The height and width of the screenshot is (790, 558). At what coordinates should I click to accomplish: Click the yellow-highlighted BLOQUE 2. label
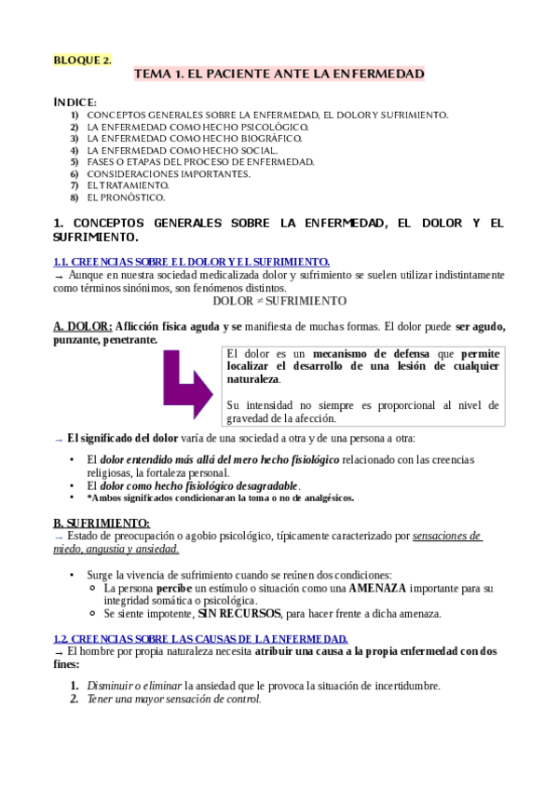coord(82,60)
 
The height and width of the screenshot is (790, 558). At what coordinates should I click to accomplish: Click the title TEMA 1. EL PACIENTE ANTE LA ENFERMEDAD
coord(279,73)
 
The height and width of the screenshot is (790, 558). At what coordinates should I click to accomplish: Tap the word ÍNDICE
coord(75,102)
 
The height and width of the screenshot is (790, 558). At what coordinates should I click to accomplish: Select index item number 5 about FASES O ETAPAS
coord(200,161)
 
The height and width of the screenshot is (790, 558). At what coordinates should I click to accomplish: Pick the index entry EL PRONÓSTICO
coord(126,197)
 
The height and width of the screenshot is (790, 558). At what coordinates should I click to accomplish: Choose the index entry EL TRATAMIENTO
coord(128,185)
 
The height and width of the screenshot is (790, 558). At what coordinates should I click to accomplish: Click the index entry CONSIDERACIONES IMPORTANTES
coord(169,173)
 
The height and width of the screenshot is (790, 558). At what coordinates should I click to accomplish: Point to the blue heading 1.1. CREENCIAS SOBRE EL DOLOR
coord(191,262)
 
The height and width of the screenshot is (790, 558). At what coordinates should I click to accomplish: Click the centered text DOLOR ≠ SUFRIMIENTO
coord(279,301)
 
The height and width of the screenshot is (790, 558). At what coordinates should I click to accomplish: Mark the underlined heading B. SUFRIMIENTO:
coord(102,523)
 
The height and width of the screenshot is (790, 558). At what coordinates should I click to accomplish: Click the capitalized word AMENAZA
coord(377,589)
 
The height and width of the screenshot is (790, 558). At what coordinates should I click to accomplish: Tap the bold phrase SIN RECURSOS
coord(238,614)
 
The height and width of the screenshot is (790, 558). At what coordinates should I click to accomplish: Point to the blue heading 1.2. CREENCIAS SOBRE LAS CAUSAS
coord(200,638)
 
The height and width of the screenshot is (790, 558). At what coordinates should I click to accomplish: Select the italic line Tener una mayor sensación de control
coord(174,699)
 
